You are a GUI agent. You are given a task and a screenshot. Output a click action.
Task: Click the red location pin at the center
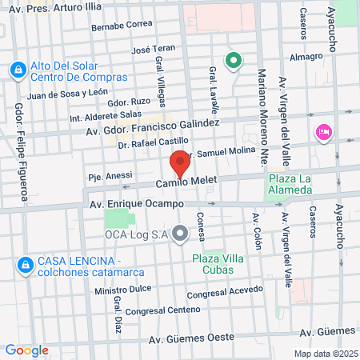click(x=180, y=165)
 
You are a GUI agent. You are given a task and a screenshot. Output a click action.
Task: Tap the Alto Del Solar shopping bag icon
click(x=17, y=71)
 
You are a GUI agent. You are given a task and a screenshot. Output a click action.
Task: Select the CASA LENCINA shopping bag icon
click(x=25, y=262)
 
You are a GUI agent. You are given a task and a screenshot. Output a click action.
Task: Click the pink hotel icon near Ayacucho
click(x=324, y=131)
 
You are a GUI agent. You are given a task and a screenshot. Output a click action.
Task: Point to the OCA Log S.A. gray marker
click(x=180, y=234)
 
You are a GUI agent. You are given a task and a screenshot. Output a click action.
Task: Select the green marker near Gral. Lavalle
click(x=234, y=59)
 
